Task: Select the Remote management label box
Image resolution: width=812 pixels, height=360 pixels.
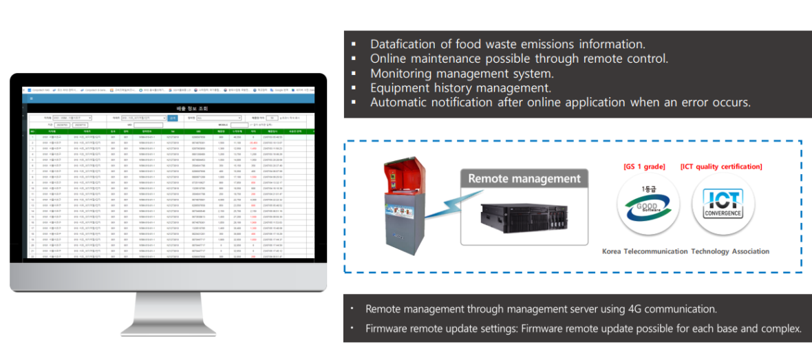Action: pyautogui.click(x=524, y=179)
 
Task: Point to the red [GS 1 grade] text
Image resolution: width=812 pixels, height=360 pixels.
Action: pyautogui.click(x=644, y=167)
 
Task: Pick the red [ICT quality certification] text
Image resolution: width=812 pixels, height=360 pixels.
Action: pyautogui.click(x=721, y=167)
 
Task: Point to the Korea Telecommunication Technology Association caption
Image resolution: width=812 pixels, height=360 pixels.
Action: pyautogui.click(x=685, y=251)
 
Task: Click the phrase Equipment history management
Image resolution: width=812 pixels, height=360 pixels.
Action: pyautogui.click(x=460, y=87)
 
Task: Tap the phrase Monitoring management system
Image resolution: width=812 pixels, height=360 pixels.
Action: pyautogui.click(x=462, y=73)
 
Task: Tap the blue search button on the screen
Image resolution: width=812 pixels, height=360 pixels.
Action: pyautogui.click(x=172, y=118)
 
